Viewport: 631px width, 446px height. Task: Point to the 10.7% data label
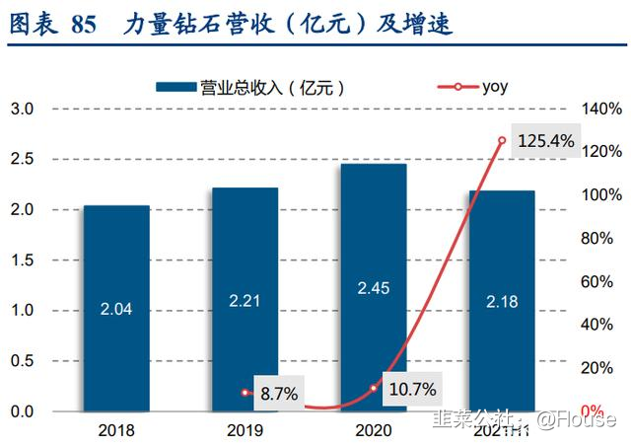410,389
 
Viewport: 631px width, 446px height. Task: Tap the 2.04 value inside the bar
116,309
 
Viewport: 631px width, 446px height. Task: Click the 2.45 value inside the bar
373,288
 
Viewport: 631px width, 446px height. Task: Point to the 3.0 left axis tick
22,109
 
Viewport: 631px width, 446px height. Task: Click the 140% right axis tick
601,109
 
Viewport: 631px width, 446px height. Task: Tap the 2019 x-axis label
245,430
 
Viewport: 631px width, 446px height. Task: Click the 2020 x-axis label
373,430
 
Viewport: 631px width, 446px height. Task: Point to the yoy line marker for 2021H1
502,141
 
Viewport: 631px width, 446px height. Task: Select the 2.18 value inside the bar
502,301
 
